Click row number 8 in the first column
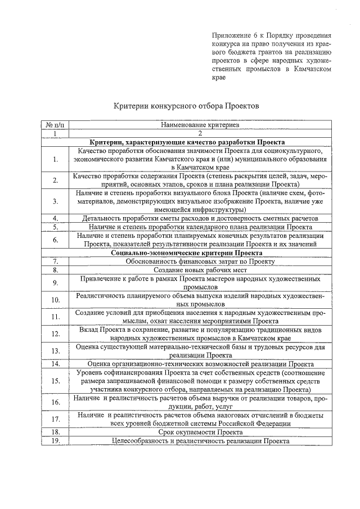(55, 271)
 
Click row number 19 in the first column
(55, 441)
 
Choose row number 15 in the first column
(55, 381)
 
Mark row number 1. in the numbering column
(55, 160)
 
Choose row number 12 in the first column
(55, 334)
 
